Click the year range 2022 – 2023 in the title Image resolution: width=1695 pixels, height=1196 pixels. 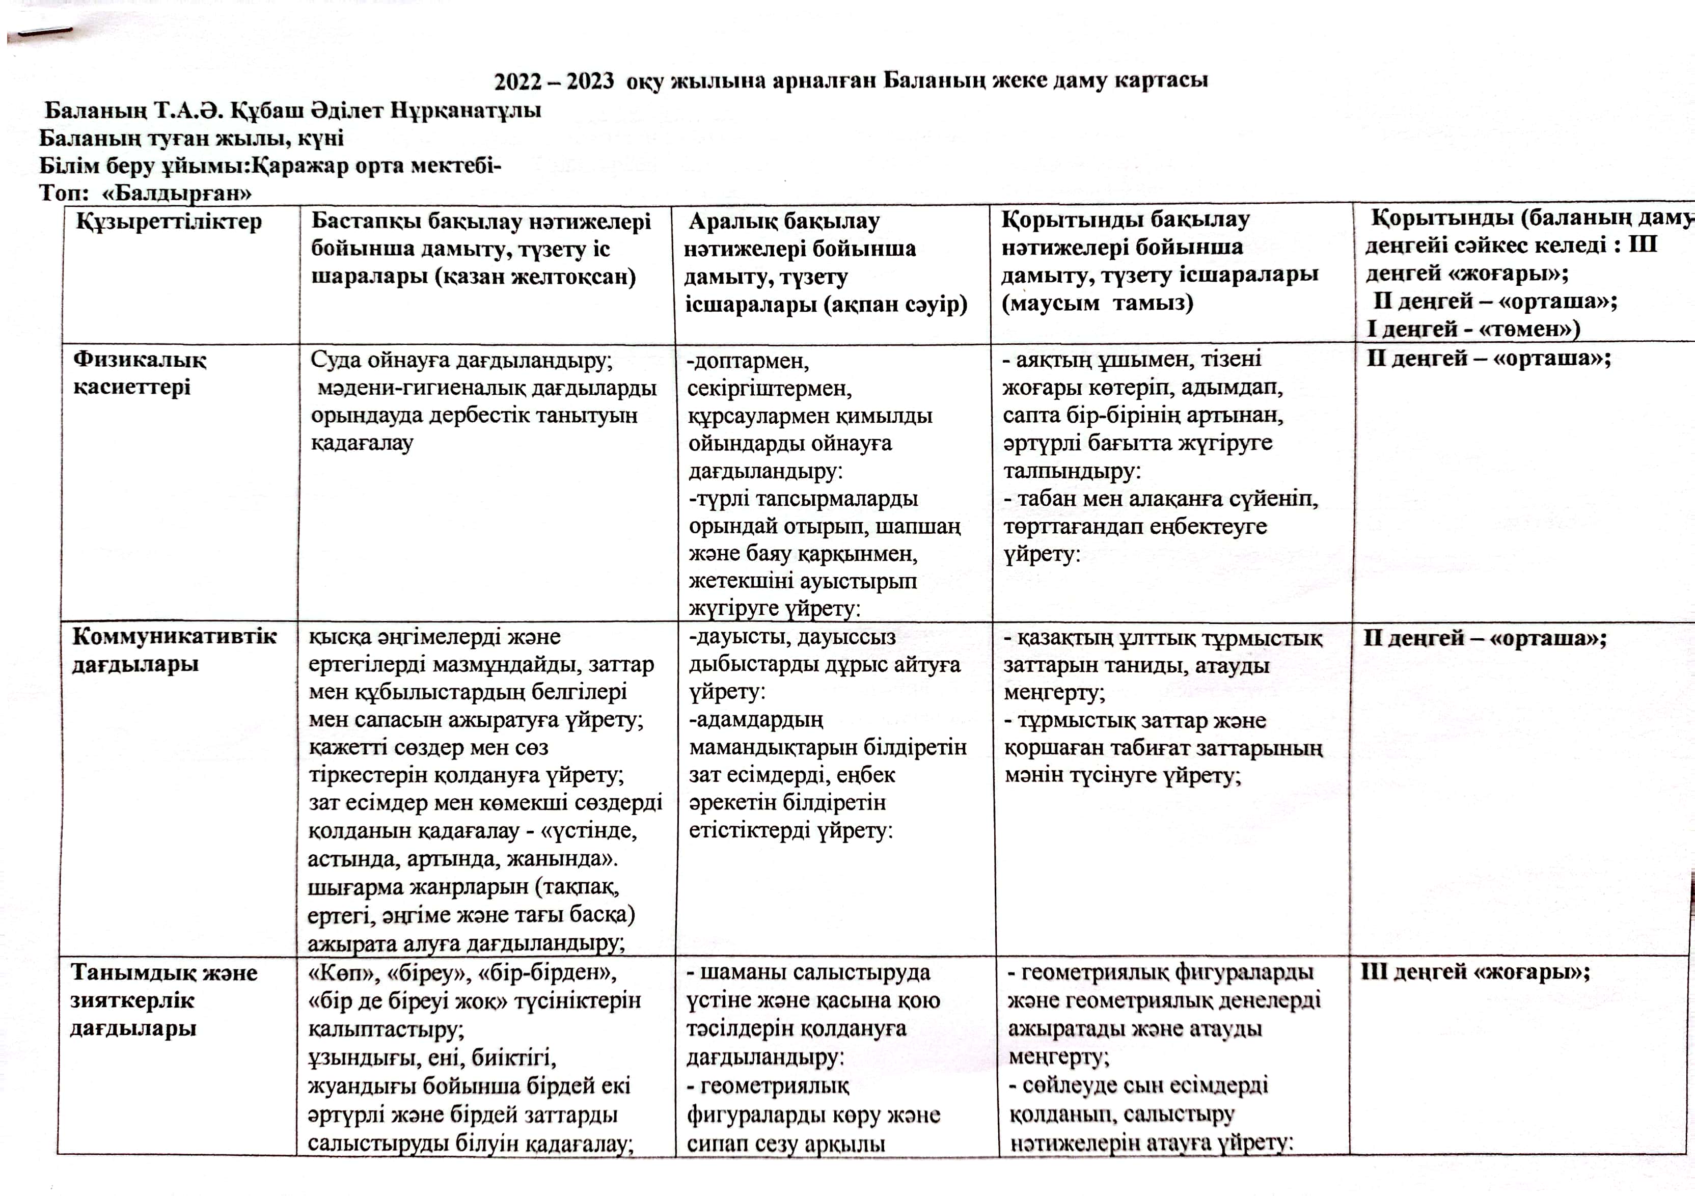553,80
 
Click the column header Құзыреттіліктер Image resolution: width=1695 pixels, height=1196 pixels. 168,222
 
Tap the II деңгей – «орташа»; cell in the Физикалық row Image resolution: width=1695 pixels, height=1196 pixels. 1488,359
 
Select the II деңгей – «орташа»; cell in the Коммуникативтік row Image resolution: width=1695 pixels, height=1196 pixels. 1484,638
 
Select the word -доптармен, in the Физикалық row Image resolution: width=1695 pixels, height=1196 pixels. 748,361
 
